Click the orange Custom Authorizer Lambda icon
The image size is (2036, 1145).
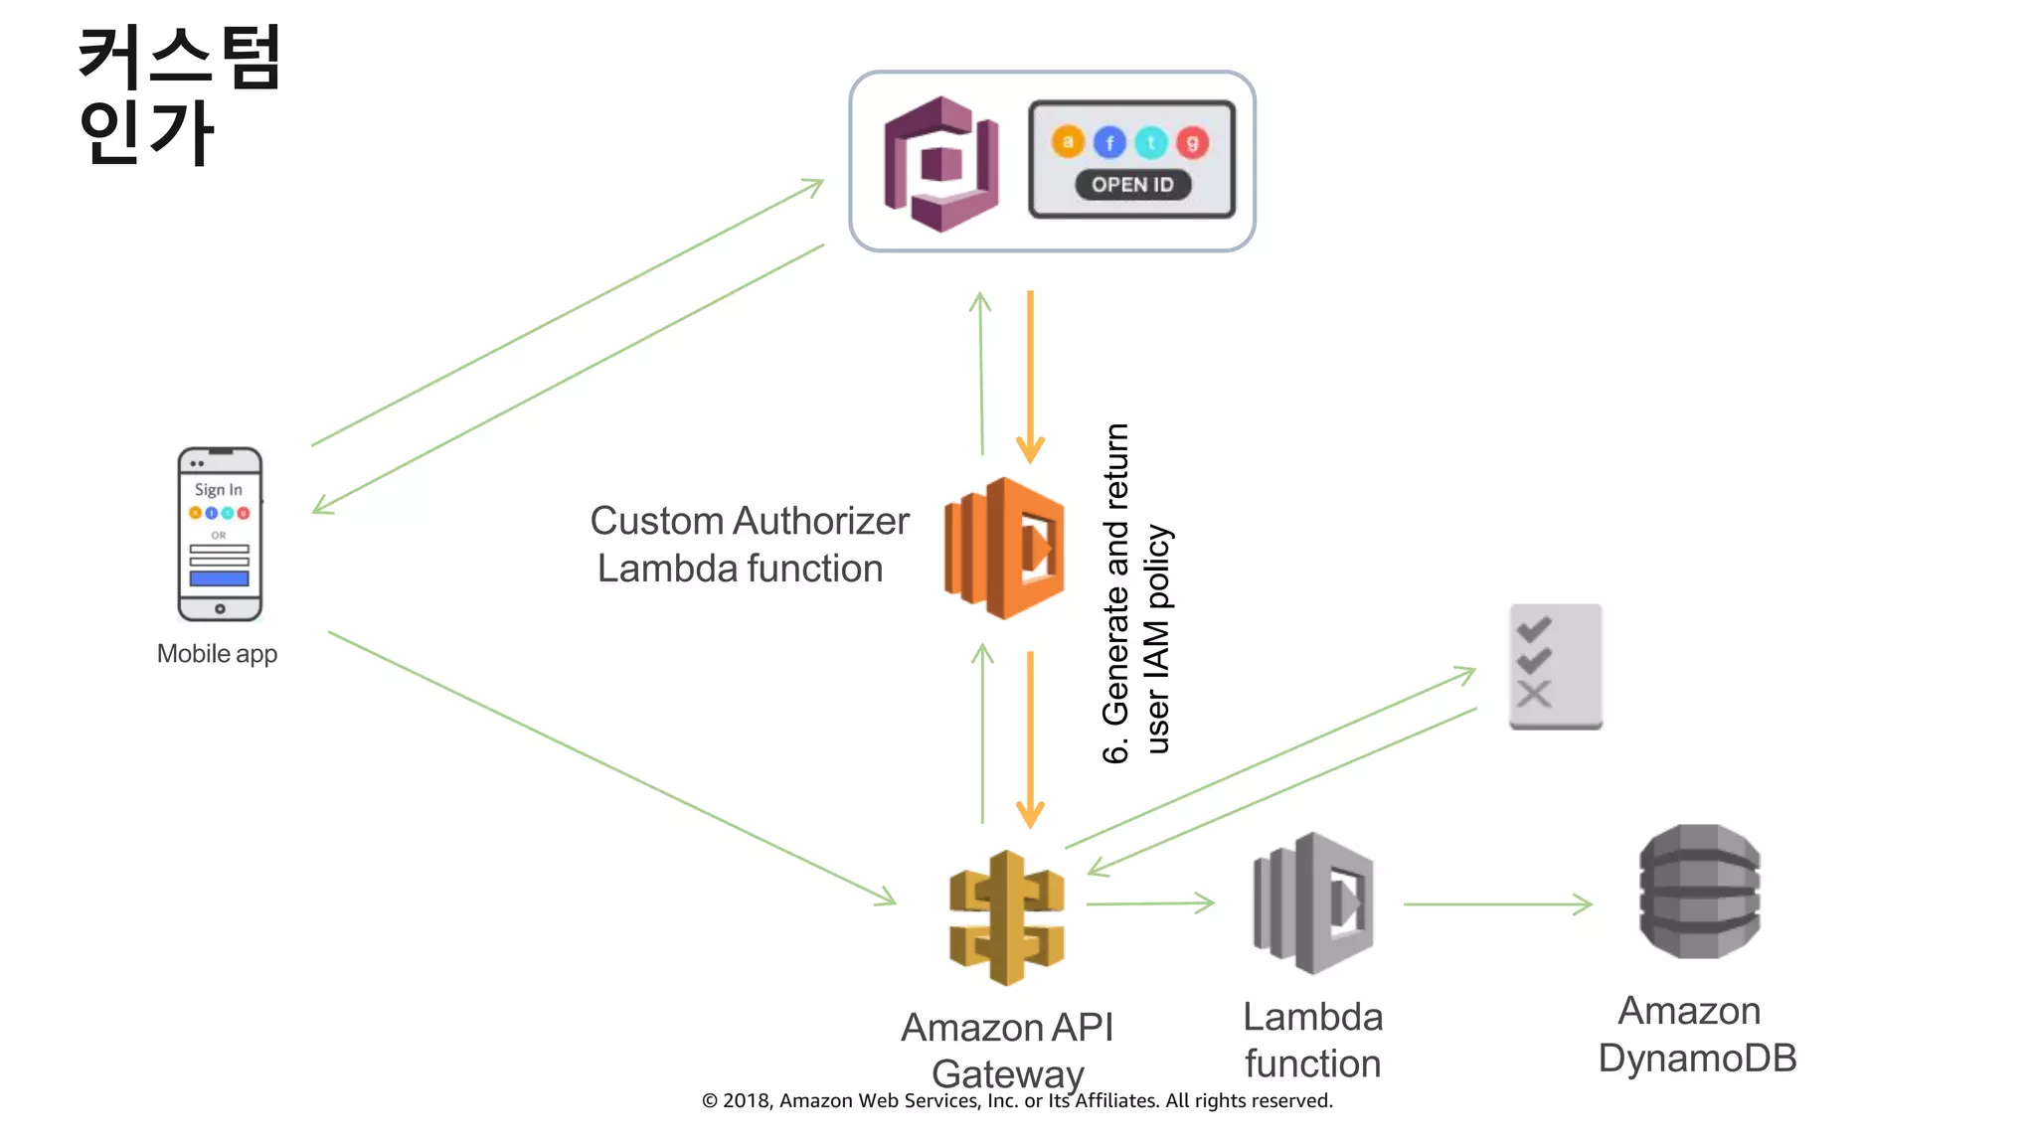[x=1004, y=549]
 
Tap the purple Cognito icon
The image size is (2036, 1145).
[x=940, y=164]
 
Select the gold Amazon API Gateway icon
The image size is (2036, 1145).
[x=1007, y=917]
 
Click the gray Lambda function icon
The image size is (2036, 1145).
[x=1313, y=902]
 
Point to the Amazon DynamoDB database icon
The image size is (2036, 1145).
[x=1699, y=892]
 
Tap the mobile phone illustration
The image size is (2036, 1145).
[x=220, y=534]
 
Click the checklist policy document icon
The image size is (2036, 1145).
[x=1555, y=666]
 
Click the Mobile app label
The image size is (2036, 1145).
[x=217, y=654]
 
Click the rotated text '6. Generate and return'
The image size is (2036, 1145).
[x=1116, y=593]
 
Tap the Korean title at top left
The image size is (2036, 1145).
[x=179, y=94]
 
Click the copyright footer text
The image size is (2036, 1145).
[x=1017, y=1100]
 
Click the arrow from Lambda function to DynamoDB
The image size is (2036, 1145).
[x=1496, y=904]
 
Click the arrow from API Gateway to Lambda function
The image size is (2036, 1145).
[x=1150, y=903]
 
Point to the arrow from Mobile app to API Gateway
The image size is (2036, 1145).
[x=611, y=767]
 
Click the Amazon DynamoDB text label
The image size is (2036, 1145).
[x=1697, y=1035]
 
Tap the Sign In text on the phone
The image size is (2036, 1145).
[x=218, y=489]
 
